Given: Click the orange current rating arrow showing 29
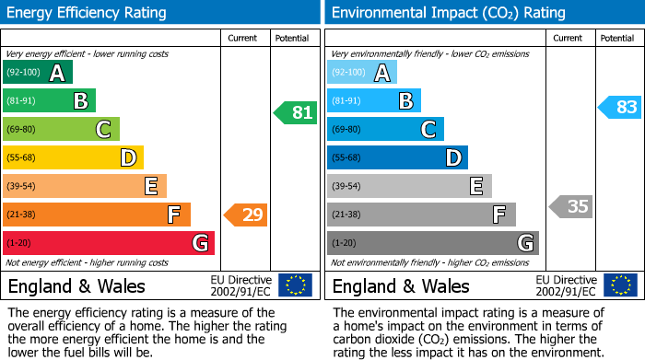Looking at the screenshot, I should (246, 215).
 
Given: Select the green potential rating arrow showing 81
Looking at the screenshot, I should (295, 113).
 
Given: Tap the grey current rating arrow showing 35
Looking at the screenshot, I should (570, 206).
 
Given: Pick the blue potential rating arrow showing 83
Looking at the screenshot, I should (619, 107).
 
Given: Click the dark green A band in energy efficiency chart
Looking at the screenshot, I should (38, 73).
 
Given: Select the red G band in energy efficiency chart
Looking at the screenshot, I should (109, 243).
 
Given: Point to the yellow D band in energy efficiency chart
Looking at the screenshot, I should (73, 157).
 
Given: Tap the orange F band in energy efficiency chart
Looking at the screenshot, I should (97, 215).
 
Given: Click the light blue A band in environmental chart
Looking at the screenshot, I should (362, 73).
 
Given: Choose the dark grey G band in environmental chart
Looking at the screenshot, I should (432, 243).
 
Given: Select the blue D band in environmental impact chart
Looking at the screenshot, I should (397, 157).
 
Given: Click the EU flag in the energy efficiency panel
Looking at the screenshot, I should (295, 285).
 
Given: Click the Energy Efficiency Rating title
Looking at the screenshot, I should (88, 13).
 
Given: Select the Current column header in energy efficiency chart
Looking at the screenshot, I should (243, 38).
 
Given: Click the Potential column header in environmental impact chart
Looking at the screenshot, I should (616, 38).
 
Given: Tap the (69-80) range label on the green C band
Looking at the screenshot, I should (22, 130).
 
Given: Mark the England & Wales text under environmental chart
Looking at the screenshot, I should (401, 285).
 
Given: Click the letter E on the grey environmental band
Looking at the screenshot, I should (475, 187).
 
